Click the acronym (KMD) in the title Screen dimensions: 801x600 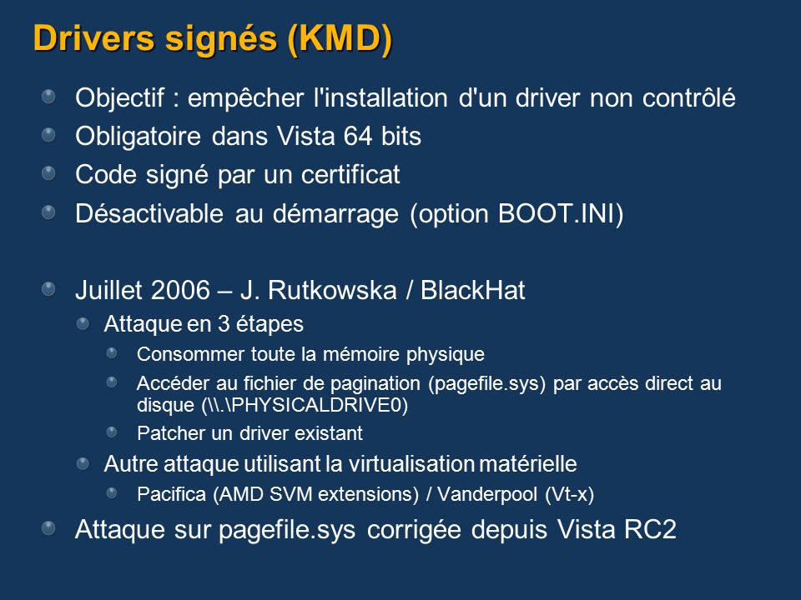tap(340, 39)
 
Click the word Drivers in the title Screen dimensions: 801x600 tap(93, 38)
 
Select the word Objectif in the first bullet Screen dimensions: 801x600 tap(120, 97)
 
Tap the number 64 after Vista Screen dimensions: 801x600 tap(358, 136)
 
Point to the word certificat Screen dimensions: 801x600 tap(350, 174)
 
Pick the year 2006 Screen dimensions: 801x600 tap(181, 290)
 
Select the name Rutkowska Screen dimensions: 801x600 tap(332, 290)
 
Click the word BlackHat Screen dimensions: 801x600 tap(472, 290)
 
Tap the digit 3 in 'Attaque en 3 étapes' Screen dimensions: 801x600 tap(224, 324)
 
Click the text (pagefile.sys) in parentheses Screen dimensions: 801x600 tap(487, 383)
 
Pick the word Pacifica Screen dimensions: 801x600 tap(171, 494)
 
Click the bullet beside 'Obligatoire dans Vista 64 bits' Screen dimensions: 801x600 tap(48, 135)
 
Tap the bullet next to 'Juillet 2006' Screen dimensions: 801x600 tap(48, 289)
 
